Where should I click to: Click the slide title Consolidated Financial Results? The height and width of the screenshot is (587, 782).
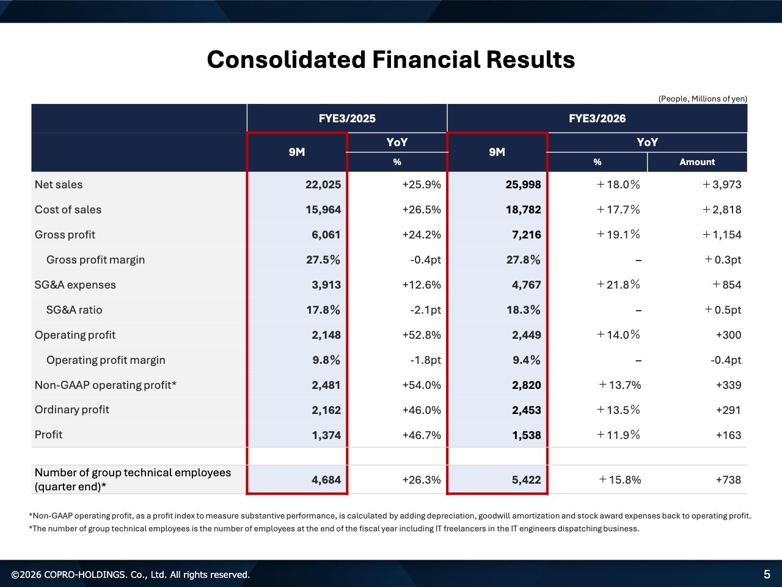pyautogui.click(x=390, y=60)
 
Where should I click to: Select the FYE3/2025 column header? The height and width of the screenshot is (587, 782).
pyautogui.click(x=346, y=118)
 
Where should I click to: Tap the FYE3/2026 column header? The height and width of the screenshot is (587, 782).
pyautogui.click(x=597, y=118)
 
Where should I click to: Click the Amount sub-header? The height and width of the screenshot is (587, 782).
pyautogui.click(x=696, y=162)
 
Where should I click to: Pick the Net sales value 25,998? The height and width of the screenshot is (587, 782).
pyautogui.click(x=523, y=185)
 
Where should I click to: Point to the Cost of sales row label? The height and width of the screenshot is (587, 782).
pyautogui.click(x=68, y=210)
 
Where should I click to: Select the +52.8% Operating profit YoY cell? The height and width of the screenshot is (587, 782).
pyautogui.click(x=421, y=335)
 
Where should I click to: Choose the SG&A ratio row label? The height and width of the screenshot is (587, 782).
pyautogui.click(x=74, y=310)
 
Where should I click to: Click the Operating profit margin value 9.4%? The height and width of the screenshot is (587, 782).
pyautogui.click(x=526, y=360)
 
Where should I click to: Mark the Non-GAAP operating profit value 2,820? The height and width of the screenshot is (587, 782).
pyautogui.click(x=526, y=385)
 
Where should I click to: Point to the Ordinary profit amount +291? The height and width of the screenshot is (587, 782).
pyautogui.click(x=728, y=410)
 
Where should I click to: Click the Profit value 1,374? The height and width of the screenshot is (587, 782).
pyautogui.click(x=326, y=435)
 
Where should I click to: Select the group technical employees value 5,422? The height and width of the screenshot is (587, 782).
pyautogui.click(x=526, y=480)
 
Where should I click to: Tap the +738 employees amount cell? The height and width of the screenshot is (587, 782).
pyautogui.click(x=728, y=480)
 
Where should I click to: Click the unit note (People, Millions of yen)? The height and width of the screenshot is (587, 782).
pyautogui.click(x=702, y=98)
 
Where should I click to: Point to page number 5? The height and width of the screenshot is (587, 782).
pyautogui.click(x=767, y=574)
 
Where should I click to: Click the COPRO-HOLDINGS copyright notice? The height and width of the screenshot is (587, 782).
pyautogui.click(x=131, y=575)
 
